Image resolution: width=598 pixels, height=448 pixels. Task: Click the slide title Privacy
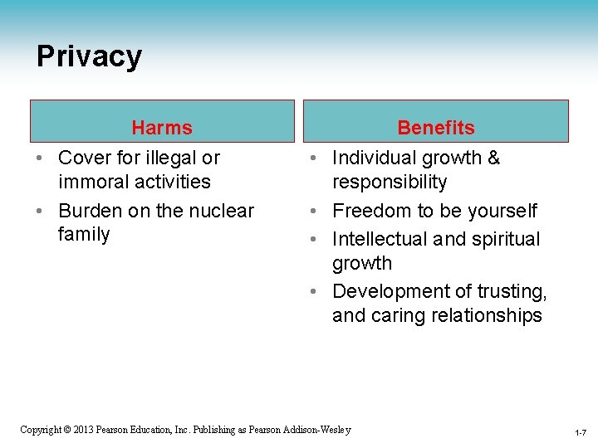click(89, 56)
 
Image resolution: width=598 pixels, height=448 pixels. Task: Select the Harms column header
click(162, 128)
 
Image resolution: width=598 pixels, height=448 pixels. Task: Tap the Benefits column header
click(436, 128)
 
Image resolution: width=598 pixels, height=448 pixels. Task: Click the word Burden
click(90, 211)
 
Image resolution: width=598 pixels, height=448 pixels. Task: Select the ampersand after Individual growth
click(493, 158)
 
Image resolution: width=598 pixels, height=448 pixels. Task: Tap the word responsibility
click(390, 182)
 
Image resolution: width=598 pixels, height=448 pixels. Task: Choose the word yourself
click(502, 211)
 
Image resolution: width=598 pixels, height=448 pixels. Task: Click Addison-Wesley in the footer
click(320, 430)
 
